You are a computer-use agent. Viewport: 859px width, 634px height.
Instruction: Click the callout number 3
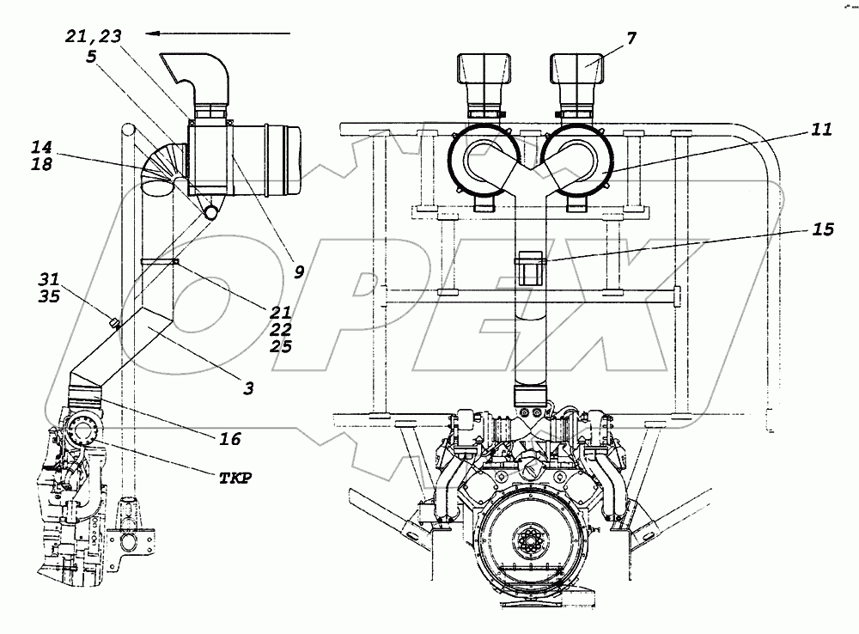pos(247,388)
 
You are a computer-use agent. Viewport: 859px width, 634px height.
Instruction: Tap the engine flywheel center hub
pos(526,545)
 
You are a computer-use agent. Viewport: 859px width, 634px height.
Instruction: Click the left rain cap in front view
pos(483,72)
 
